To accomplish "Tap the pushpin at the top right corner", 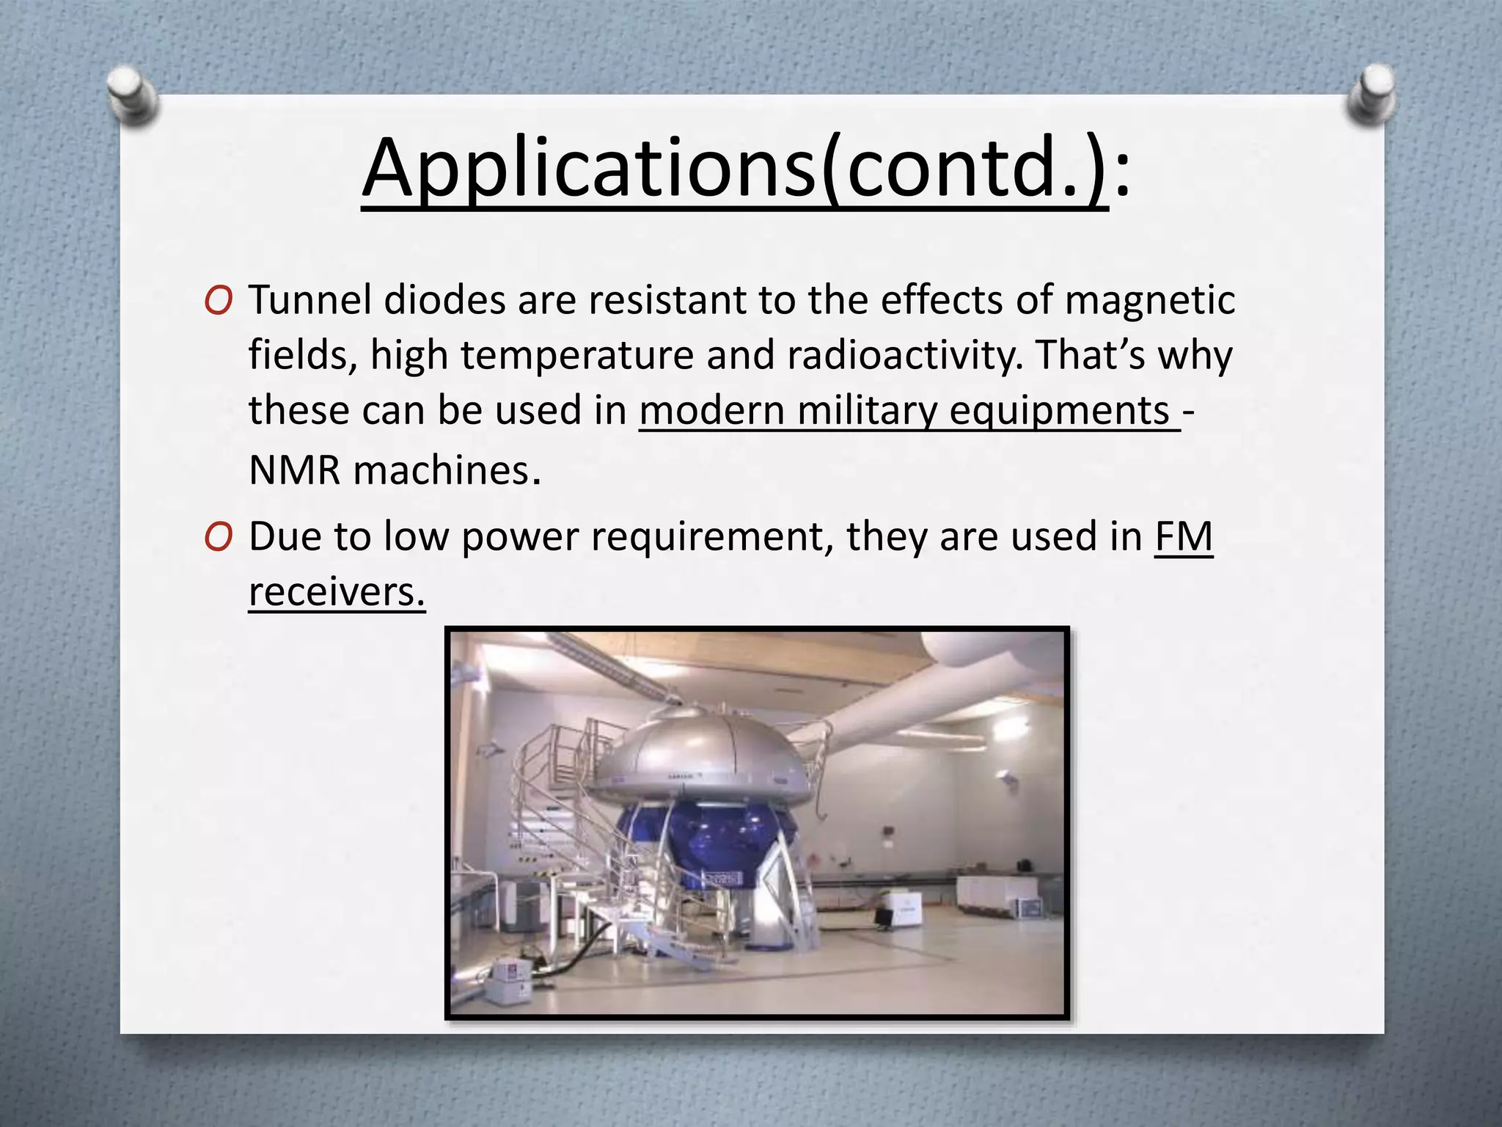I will [x=1370, y=94].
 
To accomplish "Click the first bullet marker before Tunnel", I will [x=219, y=301].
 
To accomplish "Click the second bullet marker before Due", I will [x=219, y=538].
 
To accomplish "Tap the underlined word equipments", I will [x=1060, y=411].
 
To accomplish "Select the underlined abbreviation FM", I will [x=1184, y=536].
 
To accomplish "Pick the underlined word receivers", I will [x=336, y=591].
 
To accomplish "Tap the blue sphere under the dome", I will [x=704, y=836].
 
